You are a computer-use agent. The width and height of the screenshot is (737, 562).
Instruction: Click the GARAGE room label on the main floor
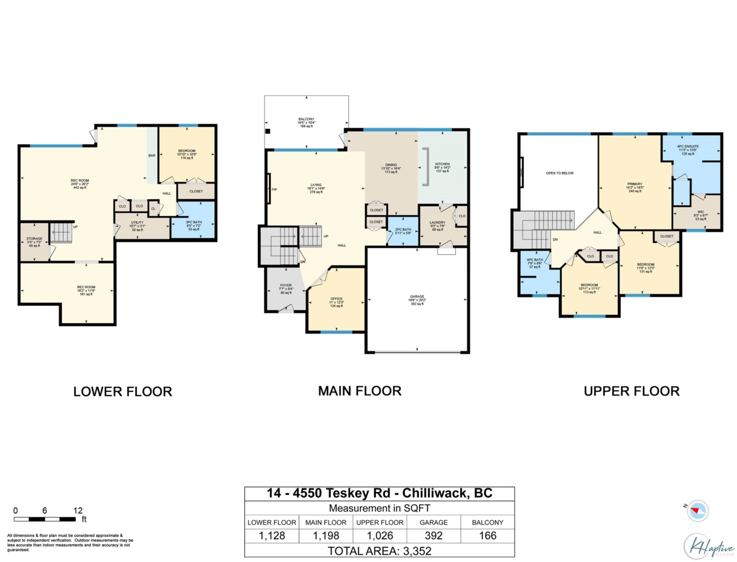click(x=417, y=296)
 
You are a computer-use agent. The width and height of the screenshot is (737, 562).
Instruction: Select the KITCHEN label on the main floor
click(x=442, y=164)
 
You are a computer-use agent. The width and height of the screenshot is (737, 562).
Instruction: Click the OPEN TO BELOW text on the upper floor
click(x=560, y=173)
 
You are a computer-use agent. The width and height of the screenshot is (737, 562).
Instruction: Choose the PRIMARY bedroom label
click(x=634, y=184)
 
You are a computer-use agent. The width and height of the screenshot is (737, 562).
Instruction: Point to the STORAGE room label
click(x=34, y=238)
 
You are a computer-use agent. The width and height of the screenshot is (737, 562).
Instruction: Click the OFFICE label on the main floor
click(x=336, y=299)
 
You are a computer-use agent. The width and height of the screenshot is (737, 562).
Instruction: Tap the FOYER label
click(x=286, y=285)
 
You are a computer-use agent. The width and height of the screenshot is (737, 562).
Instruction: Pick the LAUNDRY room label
click(x=437, y=223)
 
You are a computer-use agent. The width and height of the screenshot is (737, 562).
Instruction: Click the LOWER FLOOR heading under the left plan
click(x=123, y=391)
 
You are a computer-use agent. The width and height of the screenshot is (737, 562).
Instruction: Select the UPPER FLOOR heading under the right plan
click(x=632, y=391)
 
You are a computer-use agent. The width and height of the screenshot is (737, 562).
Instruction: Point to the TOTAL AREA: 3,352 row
click(x=379, y=550)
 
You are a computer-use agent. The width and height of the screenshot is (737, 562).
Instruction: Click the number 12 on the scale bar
click(x=77, y=510)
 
